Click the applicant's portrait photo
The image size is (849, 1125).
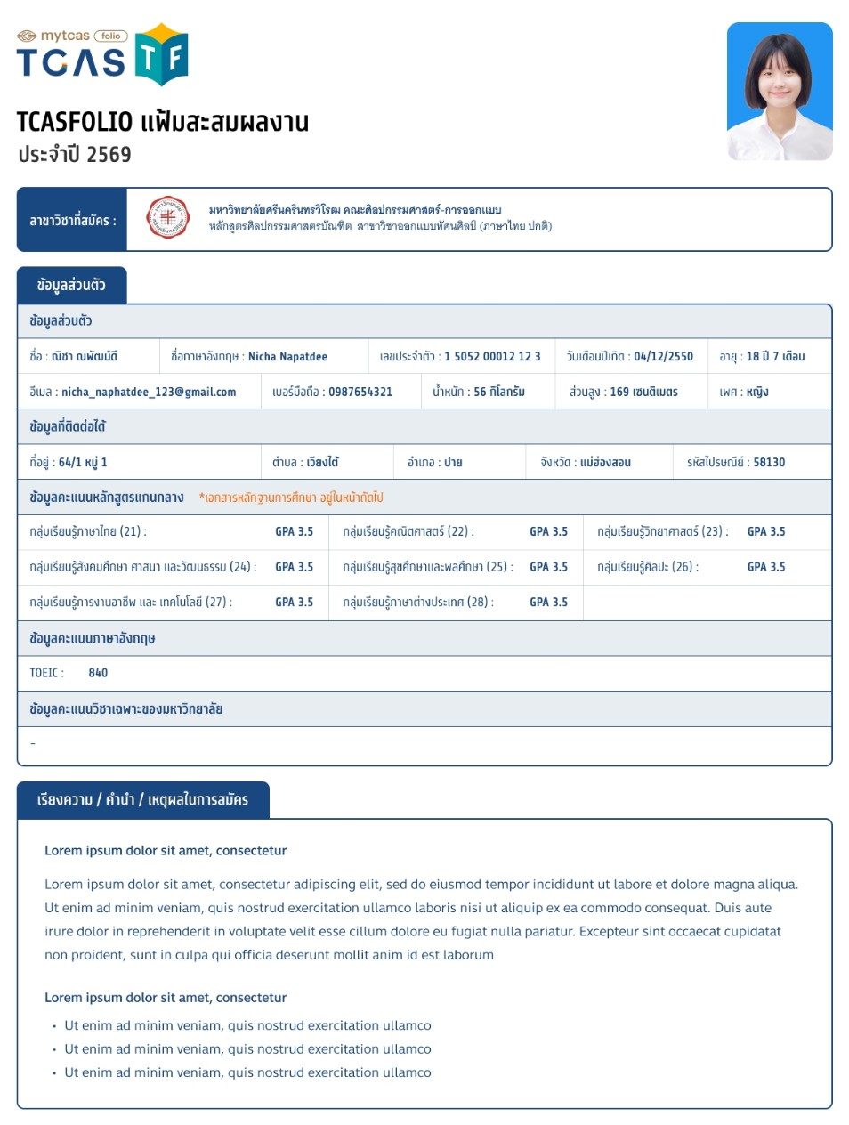tap(780, 92)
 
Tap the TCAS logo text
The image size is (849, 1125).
tap(71, 62)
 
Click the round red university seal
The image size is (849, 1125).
tap(167, 218)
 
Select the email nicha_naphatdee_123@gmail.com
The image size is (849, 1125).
tap(149, 392)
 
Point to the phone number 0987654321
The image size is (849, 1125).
tap(360, 392)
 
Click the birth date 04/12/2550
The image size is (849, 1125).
tap(663, 356)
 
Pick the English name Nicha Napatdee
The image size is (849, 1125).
tap(287, 356)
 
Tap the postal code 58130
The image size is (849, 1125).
tap(769, 462)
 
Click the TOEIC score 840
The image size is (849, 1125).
tap(98, 673)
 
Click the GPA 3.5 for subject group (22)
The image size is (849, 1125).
tap(548, 531)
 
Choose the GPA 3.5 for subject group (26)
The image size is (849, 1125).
tap(766, 566)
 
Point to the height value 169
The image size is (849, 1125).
tap(619, 392)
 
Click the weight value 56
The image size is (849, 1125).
tap(480, 392)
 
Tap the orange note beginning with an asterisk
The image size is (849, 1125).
tap(291, 498)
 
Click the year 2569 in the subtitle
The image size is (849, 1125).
tap(109, 155)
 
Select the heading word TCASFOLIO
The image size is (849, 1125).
tap(75, 121)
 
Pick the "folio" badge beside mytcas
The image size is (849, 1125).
tap(111, 36)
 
